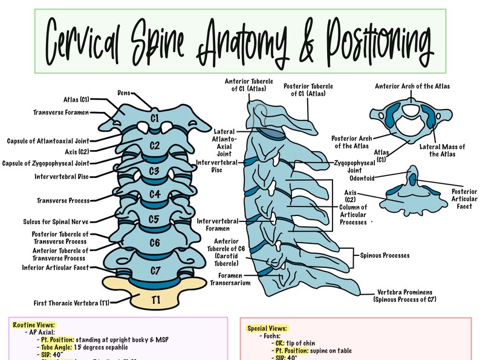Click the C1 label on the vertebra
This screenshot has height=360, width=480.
tap(155, 118)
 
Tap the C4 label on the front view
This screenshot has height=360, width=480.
tap(155, 194)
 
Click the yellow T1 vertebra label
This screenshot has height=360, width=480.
tap(156, 298)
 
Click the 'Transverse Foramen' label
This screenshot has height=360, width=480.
tap(62, 112)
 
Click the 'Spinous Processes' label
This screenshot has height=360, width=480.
tap(385, 255)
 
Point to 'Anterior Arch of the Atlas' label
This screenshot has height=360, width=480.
tap(412, 87)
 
